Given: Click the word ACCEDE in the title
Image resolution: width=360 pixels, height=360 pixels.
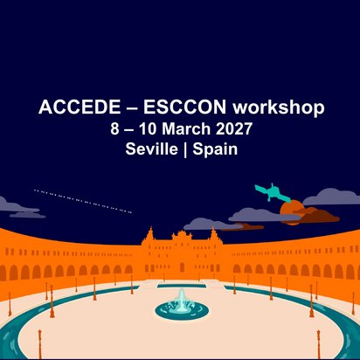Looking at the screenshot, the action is (80, 107).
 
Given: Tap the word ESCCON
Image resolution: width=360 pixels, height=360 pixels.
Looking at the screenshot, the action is (184, 107).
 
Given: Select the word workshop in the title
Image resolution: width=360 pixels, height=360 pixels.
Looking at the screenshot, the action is (279, 107).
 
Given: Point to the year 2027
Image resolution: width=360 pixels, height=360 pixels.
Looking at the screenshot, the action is (233, 128).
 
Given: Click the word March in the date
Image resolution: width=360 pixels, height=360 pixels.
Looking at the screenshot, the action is (186, 128).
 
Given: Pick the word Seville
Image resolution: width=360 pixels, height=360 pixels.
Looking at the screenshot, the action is (151, 149).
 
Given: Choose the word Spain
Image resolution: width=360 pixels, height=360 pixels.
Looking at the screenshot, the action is (215, 149).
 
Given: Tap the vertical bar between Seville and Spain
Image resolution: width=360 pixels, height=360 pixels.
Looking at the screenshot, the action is (185, 149).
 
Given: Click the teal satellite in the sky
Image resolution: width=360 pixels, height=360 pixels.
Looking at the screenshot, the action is (273, 192).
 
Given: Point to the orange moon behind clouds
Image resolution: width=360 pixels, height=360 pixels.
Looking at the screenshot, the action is (291, 211).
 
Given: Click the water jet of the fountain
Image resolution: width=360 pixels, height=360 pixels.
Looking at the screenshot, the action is (182, 300).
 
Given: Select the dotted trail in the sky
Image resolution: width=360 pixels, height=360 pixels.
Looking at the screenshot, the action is (83, 201).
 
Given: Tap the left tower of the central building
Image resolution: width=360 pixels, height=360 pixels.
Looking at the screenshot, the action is (150, 236).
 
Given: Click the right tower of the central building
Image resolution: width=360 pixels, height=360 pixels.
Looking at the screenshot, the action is (213, 236).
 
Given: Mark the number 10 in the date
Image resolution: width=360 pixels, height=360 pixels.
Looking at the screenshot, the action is (148, 128).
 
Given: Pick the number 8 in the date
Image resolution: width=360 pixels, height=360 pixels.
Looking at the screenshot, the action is (114, 128).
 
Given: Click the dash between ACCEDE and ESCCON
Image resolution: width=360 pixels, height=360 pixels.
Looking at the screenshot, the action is (132, 108).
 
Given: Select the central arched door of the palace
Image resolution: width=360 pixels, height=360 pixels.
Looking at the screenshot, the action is (182, 267).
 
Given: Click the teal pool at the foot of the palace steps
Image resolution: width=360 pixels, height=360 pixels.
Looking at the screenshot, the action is (182, 286).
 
